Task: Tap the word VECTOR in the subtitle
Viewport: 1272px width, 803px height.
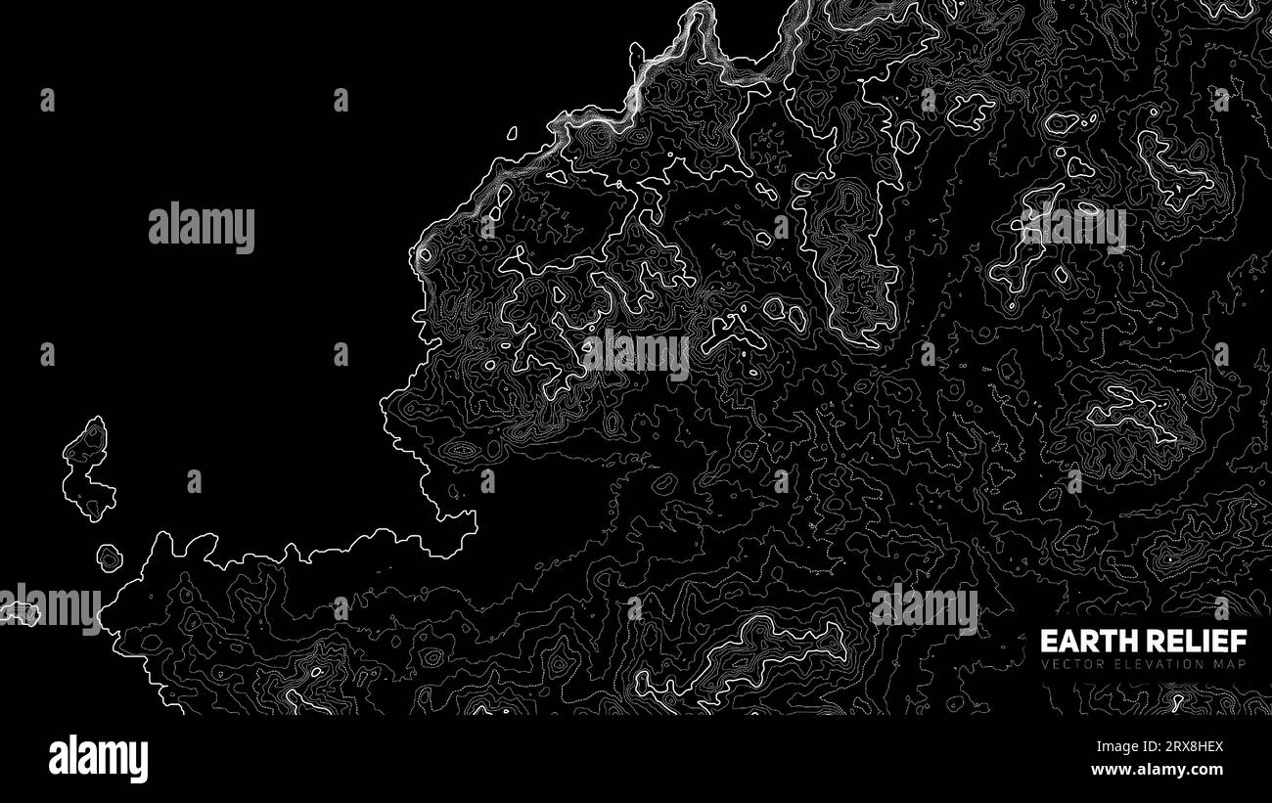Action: pyautogui.click(x=1069, y=665)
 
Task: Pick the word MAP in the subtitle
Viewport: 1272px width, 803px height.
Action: pyautogui.click(x=1230, y=665)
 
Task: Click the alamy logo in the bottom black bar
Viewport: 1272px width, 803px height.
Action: pyautogui.click(x=98, y=759)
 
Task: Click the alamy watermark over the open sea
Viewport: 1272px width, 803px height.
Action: pyautogui.click(x=202, y=226)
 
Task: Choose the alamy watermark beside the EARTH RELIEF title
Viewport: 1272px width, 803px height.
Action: pyautogui.click(x=924, y=607)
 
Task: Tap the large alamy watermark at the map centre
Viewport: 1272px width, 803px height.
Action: pyautogui.click(x=636, y=353)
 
